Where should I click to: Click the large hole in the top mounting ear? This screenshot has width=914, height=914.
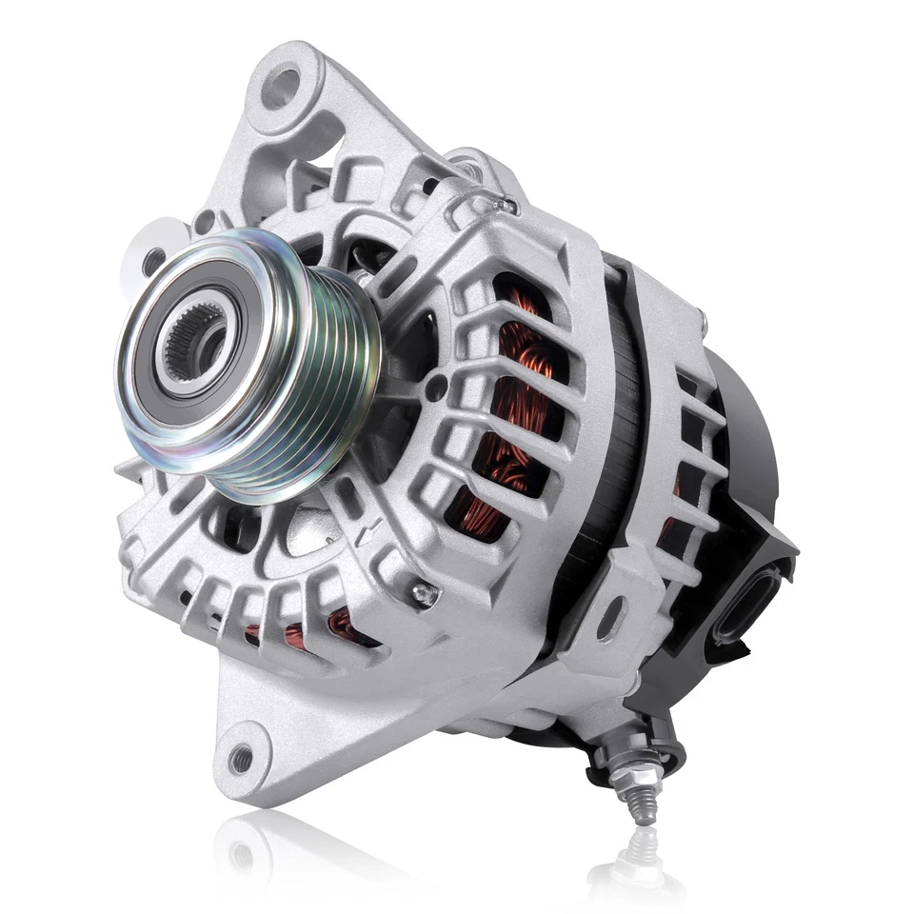283,87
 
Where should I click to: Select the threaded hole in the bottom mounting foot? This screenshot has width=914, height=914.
242,758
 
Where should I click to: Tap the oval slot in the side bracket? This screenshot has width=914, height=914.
610,616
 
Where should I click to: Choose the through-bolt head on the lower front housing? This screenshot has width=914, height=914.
425,594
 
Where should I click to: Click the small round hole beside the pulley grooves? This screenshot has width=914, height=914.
436,386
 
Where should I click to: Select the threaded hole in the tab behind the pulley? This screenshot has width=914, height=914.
153,256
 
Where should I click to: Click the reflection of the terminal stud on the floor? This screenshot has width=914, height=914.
640,857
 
